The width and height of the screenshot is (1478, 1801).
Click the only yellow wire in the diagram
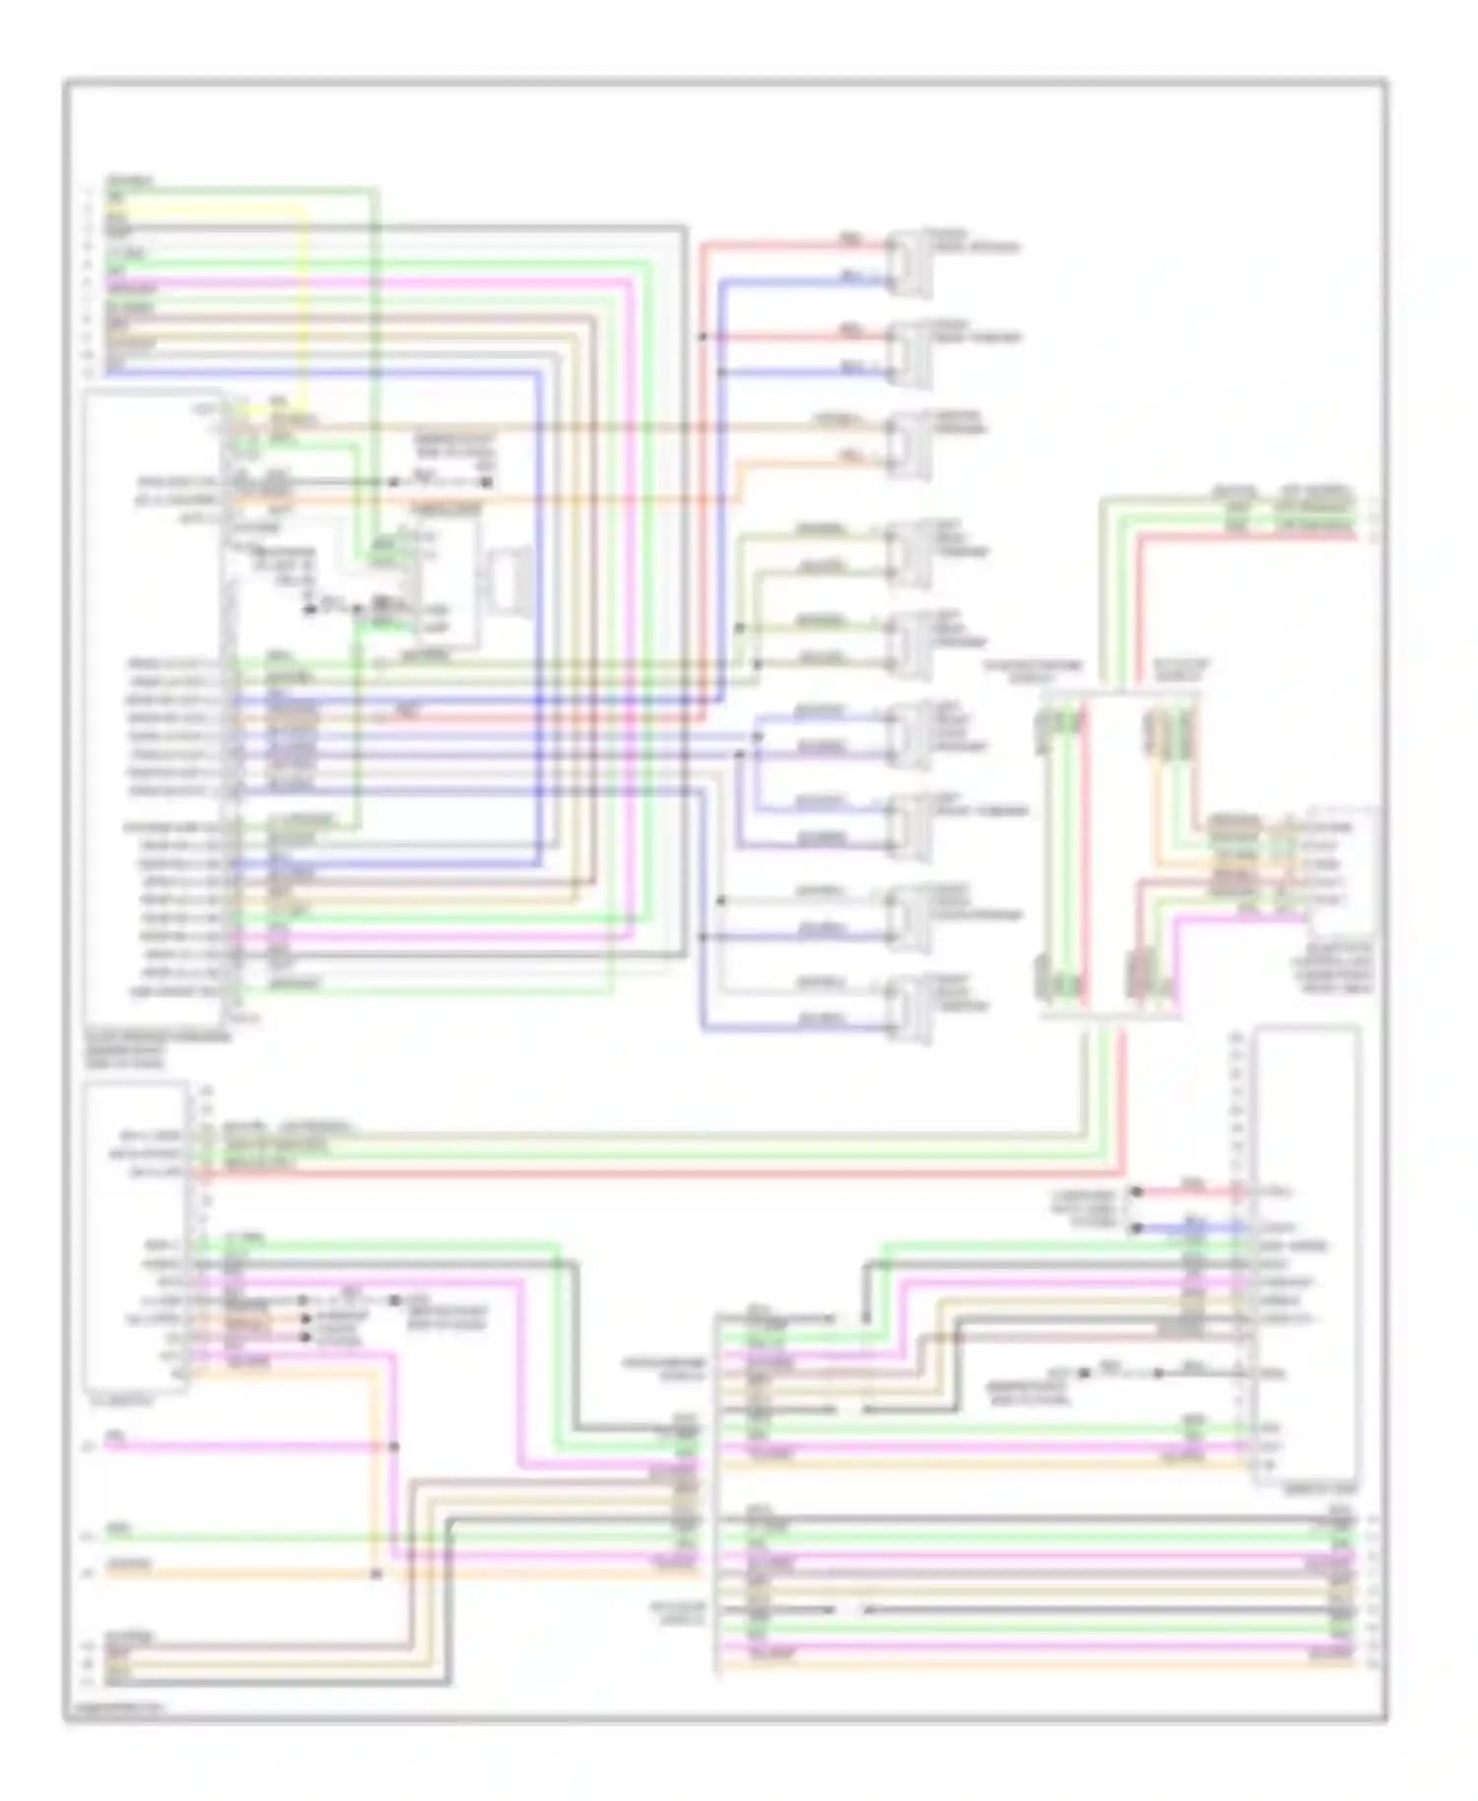click(303, 296)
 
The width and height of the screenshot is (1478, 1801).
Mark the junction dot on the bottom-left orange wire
click(375, 1574)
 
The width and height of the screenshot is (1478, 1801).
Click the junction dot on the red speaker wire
click(703, 337)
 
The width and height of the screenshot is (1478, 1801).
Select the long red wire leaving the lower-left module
click(690, 1173)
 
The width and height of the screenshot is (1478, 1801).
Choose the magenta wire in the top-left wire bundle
click(394, 281)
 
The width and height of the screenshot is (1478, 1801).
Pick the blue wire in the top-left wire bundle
click(394, 372)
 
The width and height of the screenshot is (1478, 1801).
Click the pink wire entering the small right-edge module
click(1242, 915)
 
